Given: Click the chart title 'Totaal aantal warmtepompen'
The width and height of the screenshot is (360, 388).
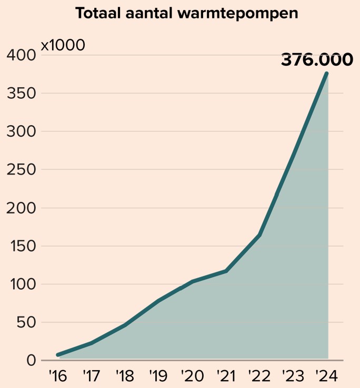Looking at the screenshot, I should [186, 13].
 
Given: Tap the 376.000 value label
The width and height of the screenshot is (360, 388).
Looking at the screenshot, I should [316, 60].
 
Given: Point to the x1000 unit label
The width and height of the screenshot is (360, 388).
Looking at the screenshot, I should [63, 45].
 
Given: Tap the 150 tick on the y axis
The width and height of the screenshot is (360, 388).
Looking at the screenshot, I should [21, 246].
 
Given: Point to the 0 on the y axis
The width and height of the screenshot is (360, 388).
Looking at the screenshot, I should [31, 361].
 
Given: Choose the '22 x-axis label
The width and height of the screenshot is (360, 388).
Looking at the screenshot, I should [259, 376].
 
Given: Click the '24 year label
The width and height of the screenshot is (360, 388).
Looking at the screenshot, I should [327, 376].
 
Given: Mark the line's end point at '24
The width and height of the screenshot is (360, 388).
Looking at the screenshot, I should [327, 74].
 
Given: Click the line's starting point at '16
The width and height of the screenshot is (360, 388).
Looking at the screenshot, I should [58, 355].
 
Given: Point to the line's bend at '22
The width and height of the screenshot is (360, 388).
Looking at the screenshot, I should [259, 235].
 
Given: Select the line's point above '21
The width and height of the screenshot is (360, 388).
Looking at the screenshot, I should [226, 271].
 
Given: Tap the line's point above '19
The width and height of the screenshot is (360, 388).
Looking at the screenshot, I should [158, 301].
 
